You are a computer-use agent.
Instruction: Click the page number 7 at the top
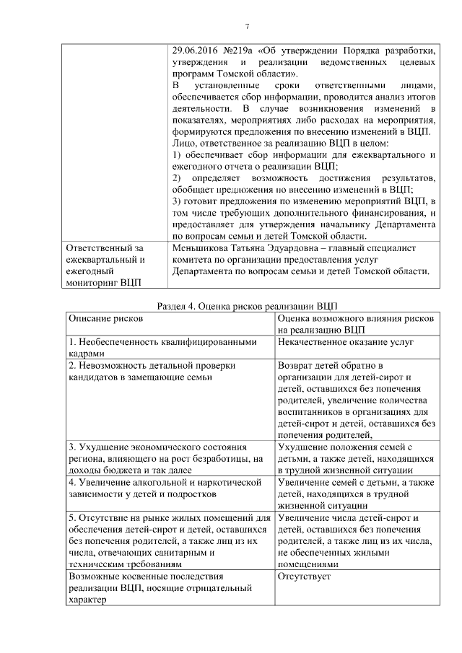pyautogui.click(x=247, y=27)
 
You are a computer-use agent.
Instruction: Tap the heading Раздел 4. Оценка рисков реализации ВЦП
pyautogui.click(x=247, y=305)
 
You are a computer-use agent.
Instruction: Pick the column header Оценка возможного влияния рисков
pyautogui.click(x=355, y=318)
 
